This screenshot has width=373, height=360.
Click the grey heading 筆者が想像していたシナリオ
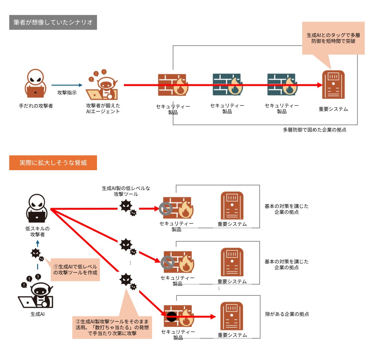(x=53, y=23)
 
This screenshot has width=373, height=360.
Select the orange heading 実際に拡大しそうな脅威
(x=53, y=163)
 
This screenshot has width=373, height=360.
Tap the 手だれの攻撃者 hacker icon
(x=36, y=83)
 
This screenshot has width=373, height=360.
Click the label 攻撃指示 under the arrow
(x=67, y=93)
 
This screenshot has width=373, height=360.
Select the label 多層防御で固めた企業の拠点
(x=314, y=130)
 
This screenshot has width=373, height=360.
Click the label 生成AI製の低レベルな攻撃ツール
(x=126, y=191)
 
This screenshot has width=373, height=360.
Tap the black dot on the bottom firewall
(x=171, y=317)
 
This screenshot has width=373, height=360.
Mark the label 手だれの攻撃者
(x=36, y=106)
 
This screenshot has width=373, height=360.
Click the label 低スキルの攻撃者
(x=37, y=231)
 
